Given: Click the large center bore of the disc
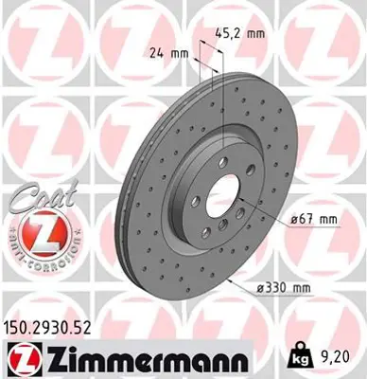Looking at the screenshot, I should tap(219, 200).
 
